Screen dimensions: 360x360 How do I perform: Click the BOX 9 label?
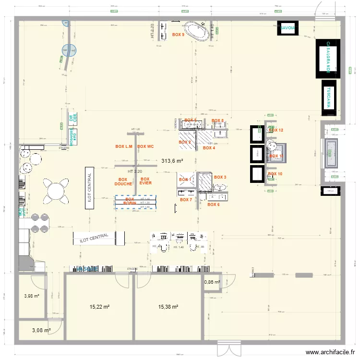178,35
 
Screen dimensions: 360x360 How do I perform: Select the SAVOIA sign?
288,28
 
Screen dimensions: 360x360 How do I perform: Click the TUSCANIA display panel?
329,97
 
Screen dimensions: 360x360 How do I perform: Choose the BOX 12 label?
276,130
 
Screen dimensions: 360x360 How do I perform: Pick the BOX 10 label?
275,174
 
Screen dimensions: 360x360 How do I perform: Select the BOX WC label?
145,146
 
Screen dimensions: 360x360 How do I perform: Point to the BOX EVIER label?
145,181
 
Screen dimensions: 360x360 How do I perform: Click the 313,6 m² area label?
172,161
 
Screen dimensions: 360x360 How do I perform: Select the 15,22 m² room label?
100,306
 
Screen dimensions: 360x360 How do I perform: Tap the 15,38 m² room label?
168,306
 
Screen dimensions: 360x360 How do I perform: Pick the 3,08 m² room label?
40,330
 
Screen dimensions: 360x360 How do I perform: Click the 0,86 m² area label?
212,282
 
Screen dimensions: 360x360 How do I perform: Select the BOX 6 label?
214,204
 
